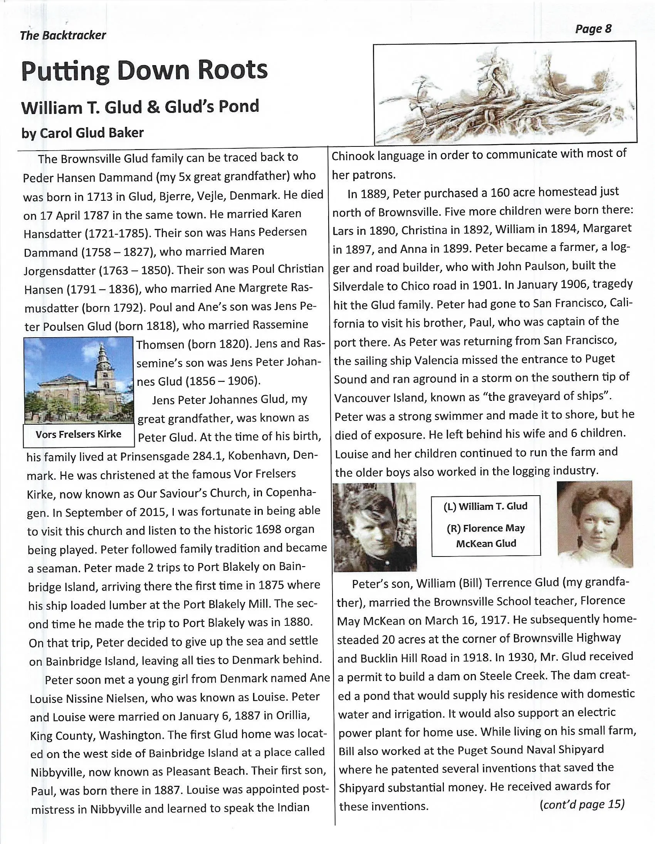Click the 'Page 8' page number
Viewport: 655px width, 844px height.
coord(593,29)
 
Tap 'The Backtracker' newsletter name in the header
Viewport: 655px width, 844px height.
coord(62,35)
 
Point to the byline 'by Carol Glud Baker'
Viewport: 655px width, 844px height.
coord(82,133)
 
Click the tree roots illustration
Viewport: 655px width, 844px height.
coord(505,93)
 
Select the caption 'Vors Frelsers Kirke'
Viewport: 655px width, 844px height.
coord(79,434)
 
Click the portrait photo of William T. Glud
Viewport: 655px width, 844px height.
coord(375,527)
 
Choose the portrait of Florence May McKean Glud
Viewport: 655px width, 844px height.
coord(595,525)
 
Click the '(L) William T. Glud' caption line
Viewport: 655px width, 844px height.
coord(485,506)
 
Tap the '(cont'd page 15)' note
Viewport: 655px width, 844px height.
coord(582,805)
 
